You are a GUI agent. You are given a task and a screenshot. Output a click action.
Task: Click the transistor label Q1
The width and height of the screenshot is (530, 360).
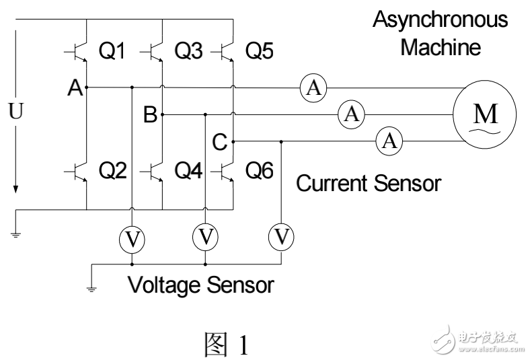click(x=112, y=51)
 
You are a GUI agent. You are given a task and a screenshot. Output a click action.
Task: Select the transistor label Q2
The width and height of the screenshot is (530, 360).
click(x=112, y=172)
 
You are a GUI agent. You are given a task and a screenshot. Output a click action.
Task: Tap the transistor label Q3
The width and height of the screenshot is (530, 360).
click(x=189, y=51)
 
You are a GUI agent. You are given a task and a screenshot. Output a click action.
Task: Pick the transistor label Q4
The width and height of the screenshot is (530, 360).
click(x=189, y=172)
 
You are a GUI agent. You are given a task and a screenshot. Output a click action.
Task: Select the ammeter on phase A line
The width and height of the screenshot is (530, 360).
click(x=312, y=87)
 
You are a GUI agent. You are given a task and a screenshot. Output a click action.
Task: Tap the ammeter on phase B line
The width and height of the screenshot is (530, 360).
click(x=350, y=114)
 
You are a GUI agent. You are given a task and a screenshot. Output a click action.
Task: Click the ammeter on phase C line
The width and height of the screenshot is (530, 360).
click(x=389, y=141)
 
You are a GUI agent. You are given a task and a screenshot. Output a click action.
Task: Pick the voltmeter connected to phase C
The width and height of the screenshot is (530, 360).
click(x=281, y=237)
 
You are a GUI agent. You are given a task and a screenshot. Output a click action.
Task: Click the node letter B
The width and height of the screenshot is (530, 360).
click(x=150, y=116)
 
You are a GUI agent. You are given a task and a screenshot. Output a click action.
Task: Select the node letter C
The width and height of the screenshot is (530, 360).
click(x=219, y=143)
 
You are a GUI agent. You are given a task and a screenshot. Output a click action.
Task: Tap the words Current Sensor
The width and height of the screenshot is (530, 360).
click(x=369, y=183)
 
